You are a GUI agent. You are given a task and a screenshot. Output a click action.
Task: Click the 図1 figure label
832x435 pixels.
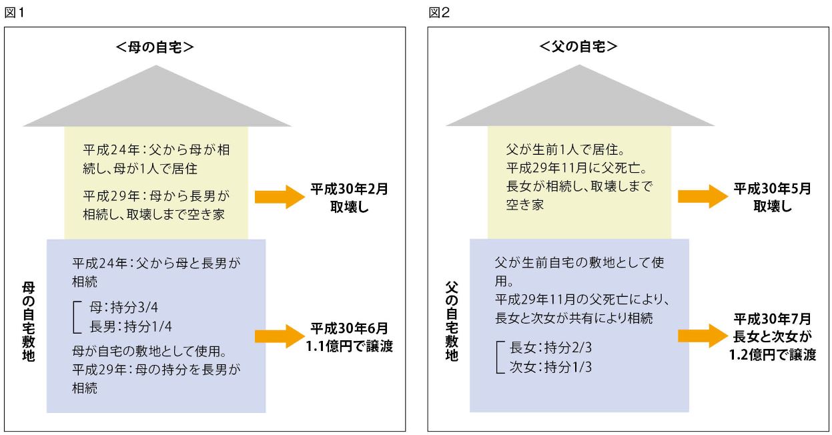click(14, 13)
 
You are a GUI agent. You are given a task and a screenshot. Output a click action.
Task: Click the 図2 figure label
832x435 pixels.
click(439, 13)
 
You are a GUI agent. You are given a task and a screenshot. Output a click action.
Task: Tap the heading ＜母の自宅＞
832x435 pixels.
click(155, 47)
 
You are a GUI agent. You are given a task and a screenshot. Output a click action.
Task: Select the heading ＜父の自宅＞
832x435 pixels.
click(578, 47)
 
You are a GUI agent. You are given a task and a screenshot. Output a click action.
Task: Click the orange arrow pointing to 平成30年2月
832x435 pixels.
click(280, 197)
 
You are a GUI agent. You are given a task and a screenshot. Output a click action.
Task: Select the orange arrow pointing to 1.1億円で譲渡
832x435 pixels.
click(280, 336)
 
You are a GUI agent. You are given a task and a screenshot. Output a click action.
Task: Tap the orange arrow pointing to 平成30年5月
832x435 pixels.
click(703, 196)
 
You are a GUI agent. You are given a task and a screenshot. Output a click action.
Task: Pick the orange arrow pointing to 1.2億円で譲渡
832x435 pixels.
click(703, 336)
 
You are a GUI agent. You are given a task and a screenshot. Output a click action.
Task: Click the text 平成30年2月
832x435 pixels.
click(349, 189)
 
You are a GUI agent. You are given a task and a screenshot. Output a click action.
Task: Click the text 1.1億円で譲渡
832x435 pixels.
click(349, 346)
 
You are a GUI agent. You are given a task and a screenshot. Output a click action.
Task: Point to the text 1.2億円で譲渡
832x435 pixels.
click(773, 355)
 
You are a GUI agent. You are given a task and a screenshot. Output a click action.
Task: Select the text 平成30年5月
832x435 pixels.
click(773, 189)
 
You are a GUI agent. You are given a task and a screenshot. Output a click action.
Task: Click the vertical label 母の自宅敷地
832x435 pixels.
click(29, 322)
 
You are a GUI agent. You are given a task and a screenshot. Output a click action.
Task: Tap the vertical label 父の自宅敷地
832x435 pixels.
click(452, 321)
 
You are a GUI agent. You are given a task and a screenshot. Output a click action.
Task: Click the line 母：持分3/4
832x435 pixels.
click(123, 307)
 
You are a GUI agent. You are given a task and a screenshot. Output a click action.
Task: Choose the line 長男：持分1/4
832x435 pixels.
click(131, 326)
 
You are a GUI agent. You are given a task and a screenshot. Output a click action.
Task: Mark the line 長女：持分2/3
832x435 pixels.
click(550, 348)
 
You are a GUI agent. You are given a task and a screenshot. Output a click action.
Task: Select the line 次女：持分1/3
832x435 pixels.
click(550, 367)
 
